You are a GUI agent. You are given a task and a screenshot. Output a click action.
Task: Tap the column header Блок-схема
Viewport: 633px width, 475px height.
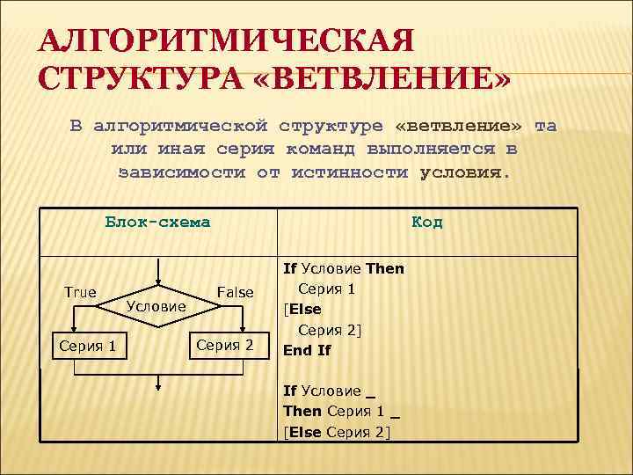(157, 222)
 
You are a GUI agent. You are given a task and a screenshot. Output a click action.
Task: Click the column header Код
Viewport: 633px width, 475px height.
(427, 222)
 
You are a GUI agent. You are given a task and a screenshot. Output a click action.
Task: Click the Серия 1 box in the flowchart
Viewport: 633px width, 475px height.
(87, 345)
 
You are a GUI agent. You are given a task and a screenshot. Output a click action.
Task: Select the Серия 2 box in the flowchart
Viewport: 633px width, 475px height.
(224, 345)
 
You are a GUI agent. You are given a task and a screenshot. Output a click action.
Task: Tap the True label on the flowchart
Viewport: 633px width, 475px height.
(80, 292)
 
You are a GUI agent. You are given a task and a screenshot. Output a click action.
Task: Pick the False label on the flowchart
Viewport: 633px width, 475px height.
(235, 292)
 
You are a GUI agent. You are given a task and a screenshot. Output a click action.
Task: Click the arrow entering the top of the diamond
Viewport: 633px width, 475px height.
(156, 271)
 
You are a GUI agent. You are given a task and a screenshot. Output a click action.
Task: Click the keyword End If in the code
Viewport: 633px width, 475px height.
(307, 350)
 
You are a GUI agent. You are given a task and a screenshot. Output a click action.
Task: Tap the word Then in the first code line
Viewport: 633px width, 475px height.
(385, 268)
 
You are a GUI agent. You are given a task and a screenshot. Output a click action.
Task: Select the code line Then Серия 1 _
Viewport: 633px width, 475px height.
(341, 411)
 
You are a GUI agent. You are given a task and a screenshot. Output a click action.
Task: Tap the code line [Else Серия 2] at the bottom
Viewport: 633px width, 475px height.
(336, 431)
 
